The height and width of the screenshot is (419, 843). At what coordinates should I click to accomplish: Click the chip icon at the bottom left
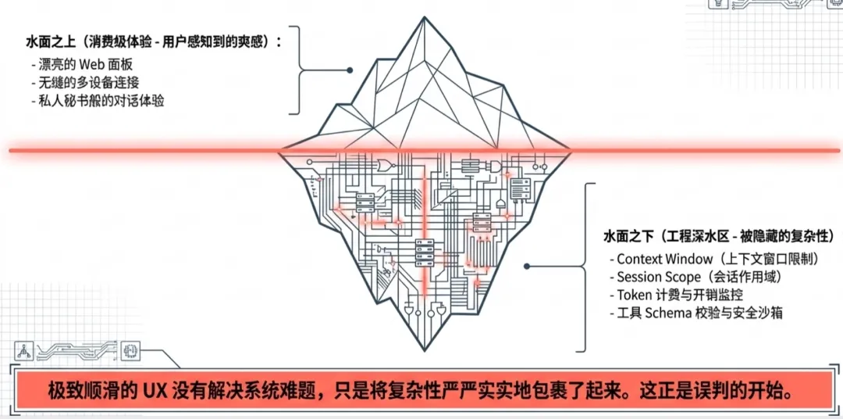point(130,351)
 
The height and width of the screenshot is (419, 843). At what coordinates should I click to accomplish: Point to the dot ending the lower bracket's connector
point(528,267)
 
